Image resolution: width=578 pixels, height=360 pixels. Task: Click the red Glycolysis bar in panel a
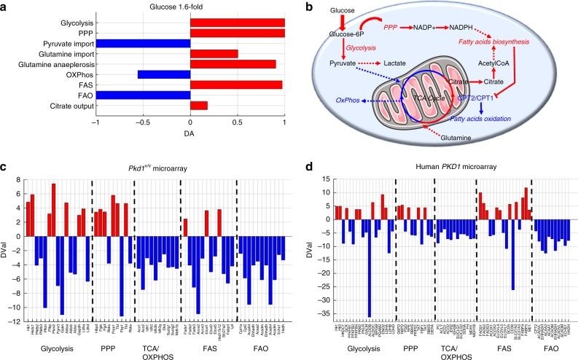pyautogui.click(x=237, y=23)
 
